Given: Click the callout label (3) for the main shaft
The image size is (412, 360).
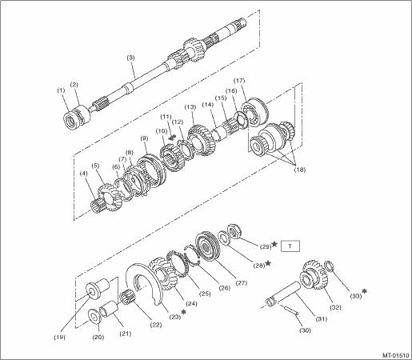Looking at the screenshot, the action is pos(130,58).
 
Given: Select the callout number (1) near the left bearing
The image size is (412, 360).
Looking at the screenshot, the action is pos(61,90).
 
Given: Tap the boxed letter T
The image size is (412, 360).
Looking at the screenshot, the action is pos(290,246).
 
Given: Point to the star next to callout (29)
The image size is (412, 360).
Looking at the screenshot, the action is pos(274,244).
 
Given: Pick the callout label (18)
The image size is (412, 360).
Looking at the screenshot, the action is pos(299,170).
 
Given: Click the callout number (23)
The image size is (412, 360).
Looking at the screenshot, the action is pos(174,317).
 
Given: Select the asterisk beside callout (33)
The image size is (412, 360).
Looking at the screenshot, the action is pos(364,291).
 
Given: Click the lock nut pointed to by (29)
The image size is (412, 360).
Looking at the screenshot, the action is pos(234,230).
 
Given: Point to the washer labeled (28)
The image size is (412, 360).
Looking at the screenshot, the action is pos(222,238).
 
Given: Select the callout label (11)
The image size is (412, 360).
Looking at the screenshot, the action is pos(166,117).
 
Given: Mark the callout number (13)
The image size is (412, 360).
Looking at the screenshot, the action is pos(190,107).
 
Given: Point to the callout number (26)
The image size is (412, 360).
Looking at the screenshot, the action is pos(224,288).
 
